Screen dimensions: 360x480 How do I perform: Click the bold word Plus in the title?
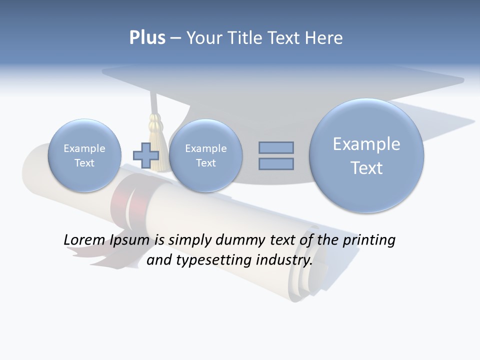(147, 38)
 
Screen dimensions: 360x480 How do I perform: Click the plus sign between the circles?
(146, 155)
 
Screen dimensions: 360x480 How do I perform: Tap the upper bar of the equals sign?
(276, 147)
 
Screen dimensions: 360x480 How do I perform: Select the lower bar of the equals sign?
(276, 163)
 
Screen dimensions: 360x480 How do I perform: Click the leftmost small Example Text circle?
(84, 155)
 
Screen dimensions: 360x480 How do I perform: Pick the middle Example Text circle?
(205, 155)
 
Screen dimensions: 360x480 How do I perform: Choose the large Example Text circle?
(366, 155)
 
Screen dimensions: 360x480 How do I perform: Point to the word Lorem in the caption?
(84, 240)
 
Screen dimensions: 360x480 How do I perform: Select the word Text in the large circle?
(366, 168)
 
